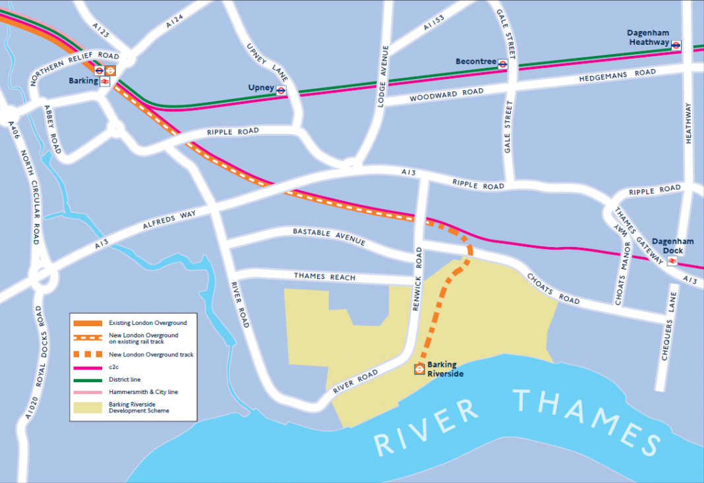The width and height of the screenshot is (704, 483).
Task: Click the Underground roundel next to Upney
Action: tap(281, 91)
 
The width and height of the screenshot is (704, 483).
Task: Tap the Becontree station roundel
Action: tap(503, 64)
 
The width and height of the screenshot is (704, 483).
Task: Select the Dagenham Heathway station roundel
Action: tap(676, 44)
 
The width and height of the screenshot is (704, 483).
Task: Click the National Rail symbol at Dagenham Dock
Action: tap(672, 261)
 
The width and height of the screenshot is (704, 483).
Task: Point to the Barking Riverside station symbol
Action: tap(419, 370)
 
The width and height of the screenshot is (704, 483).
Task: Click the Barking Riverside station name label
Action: tap(445, 369)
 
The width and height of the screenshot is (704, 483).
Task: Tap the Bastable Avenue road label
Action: tap(329, 237)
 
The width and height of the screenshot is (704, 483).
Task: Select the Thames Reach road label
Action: tap(324, 277)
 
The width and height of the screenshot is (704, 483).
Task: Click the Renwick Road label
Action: tap(419, 270)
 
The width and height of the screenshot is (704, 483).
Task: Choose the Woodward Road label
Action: tap(446, 95)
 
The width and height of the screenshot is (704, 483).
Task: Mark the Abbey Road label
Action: tap(52, 129)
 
